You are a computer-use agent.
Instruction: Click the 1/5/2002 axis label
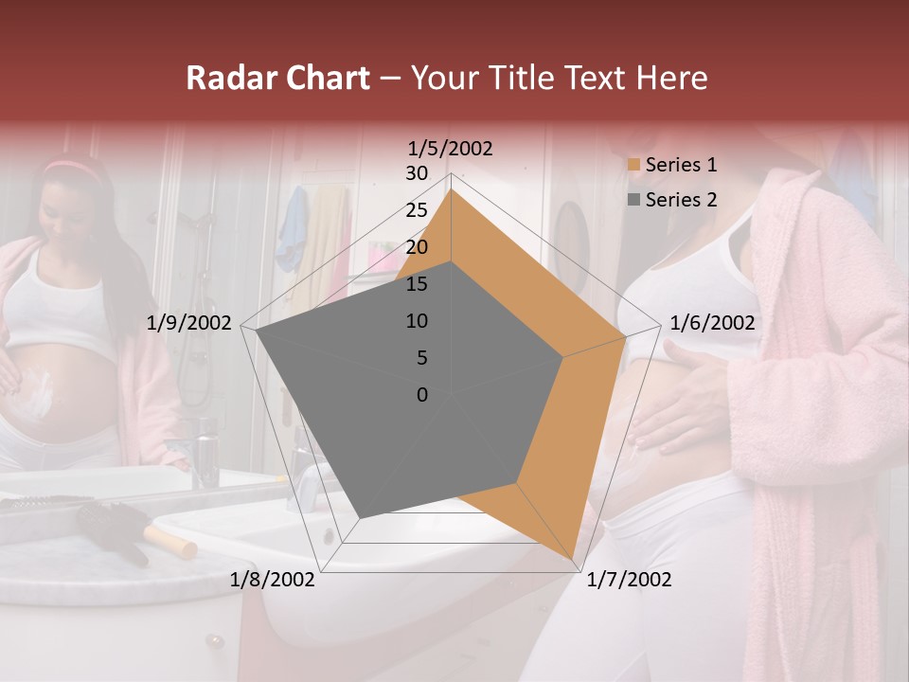click(451, 149)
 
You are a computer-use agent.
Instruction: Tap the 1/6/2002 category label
click(712, 323)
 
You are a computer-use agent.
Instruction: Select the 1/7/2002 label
click(629, 580)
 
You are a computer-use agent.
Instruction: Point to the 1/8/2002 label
click(273, 580)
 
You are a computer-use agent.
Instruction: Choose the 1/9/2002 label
click(189, 323)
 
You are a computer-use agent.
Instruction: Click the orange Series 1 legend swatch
click(632, 166)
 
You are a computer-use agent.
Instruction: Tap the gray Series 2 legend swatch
click(632, 200)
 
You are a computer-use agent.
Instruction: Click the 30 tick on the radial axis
click(417, 173)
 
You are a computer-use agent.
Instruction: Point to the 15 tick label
click(417, 284)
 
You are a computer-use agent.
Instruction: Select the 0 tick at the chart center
click(422, 395)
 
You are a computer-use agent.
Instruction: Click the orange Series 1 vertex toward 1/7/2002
click(575, 558)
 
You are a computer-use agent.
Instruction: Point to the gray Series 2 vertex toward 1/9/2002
click(256, 331)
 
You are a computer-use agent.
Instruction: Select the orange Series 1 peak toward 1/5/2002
click(452, 189)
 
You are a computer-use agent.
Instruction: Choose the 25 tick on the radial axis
click(417, 210)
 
